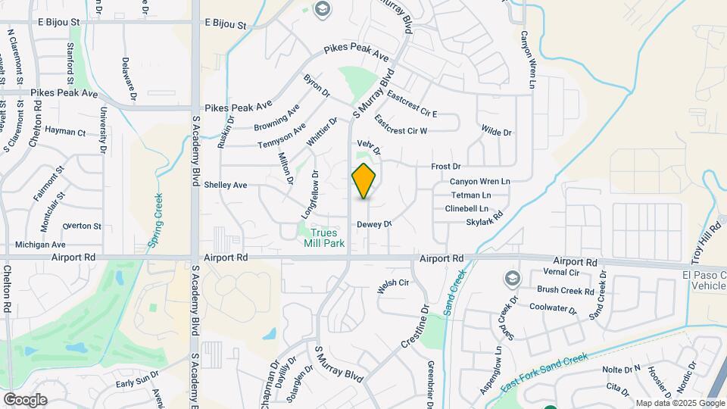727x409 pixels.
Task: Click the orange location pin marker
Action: [x=364, y=181]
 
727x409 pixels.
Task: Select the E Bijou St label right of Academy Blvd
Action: [x=226, y=25]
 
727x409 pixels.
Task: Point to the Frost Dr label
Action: [x=445, y=166]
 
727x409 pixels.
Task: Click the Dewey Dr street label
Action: [x=374, y=224]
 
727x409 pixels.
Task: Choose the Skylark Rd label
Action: [x=485, y=220]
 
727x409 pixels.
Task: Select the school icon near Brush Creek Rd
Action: [x=512, y=279]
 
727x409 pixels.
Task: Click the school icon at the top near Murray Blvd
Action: [x=321, y=9]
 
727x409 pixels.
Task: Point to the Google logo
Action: [x=25, y=399]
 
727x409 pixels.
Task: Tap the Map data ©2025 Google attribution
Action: [x=679, y=403]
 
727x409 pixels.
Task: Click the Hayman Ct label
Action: [x=65, y=132]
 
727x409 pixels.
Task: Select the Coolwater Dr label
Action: [x=553, y=308]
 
